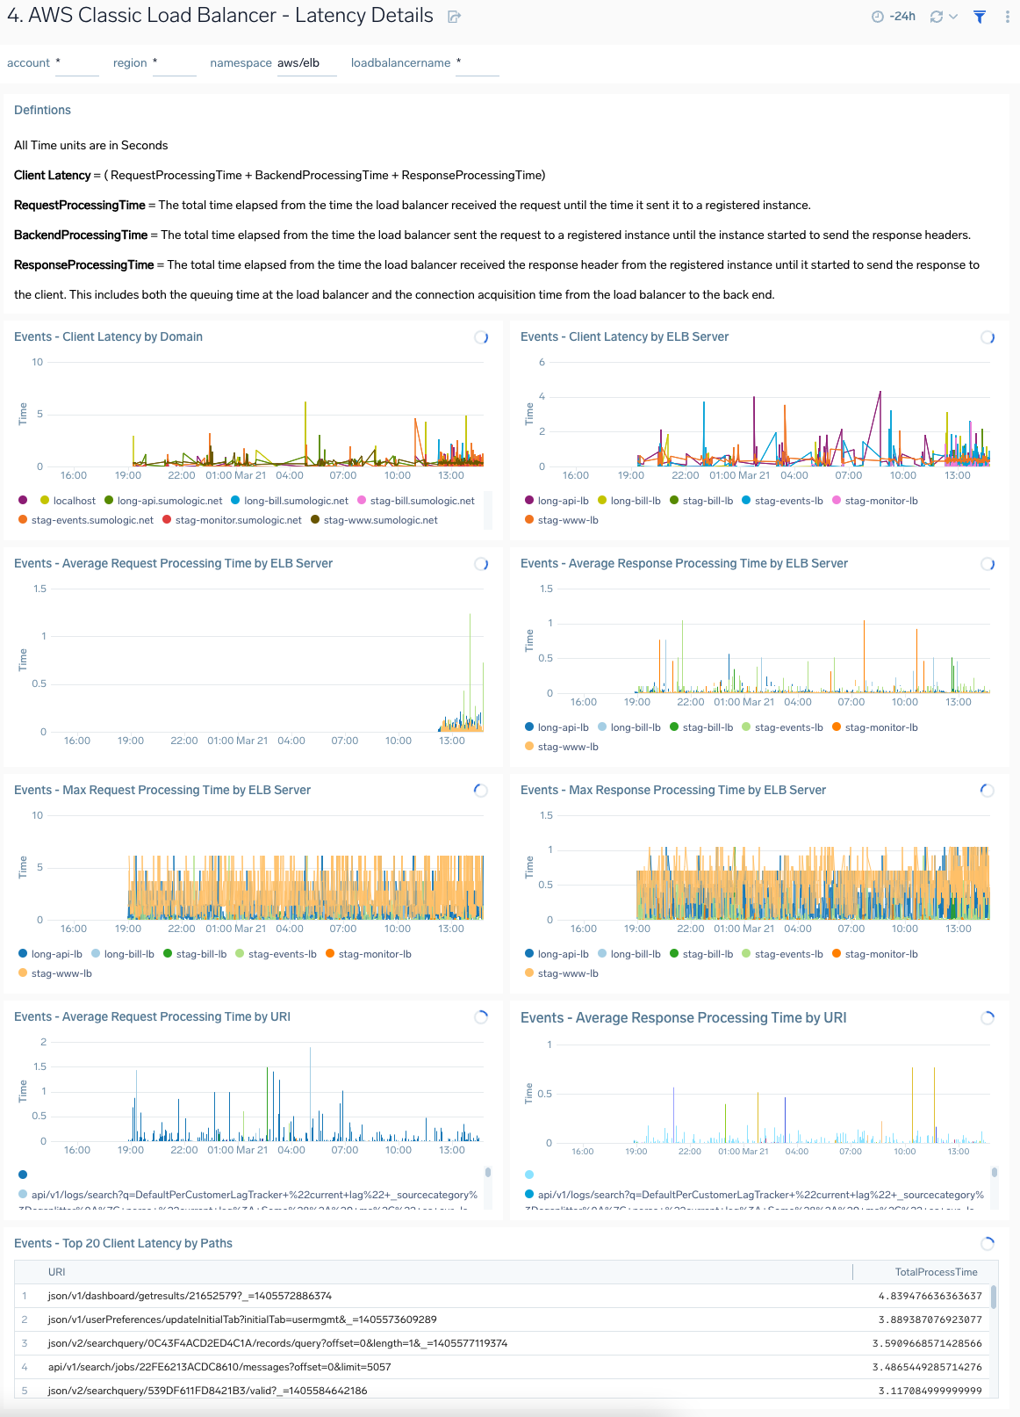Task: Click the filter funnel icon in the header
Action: click(980, 17)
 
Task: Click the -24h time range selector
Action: click(894, 17)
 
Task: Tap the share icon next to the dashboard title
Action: click(454, 17)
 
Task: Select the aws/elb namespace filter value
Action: click(298, 63)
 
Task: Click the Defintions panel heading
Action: click(42, 110)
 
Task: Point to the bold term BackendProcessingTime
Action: click(81, 235)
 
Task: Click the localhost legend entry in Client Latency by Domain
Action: click(74, 501)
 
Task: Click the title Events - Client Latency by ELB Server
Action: click(624, 336)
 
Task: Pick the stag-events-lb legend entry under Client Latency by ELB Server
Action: click(788, 501)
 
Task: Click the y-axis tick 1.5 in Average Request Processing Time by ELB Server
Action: click(40, 589)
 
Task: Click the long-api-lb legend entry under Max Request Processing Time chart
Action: click(56, 954)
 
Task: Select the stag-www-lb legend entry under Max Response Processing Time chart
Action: click(567, 973)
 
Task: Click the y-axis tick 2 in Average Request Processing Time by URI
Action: click(43, 1042)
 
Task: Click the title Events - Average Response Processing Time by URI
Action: click(683, 1017)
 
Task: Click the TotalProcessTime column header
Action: click(936, 1272)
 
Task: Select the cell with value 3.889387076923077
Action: click(930, 1319)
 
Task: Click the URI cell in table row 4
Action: click(219, 1367)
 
